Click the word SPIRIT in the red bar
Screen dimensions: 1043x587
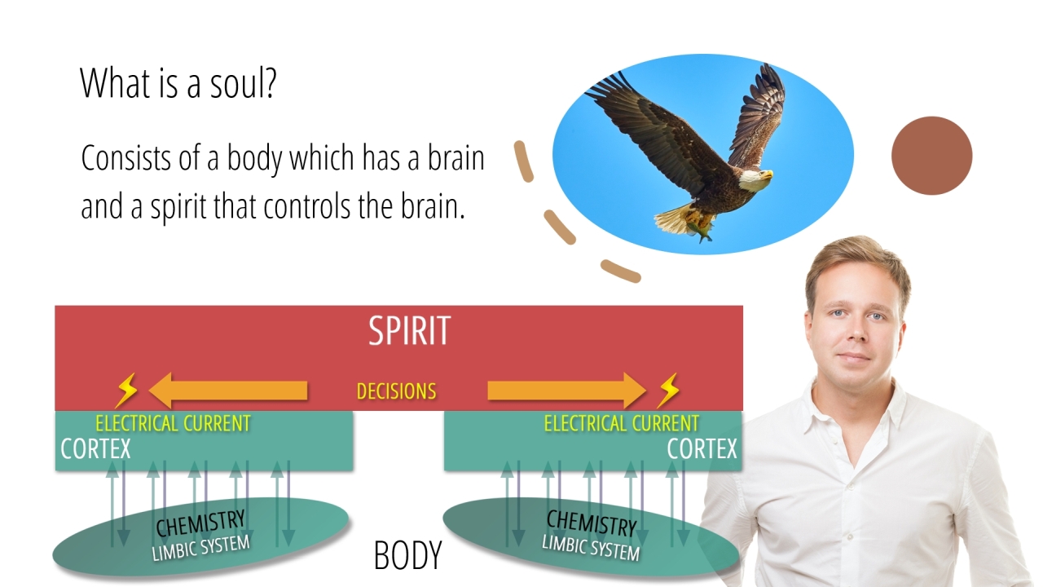[409, 330]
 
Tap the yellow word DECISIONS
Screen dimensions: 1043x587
[396, 391]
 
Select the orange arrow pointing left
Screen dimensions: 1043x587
[228, 391]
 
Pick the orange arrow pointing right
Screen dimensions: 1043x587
[567, 391]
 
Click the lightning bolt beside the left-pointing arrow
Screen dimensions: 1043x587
[126, 391]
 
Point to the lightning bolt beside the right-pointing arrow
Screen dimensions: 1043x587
[669, 391]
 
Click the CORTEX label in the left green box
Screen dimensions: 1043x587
[95, 448]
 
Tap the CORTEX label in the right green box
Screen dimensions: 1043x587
[702, 448]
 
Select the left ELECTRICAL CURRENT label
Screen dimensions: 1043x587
[174, 423]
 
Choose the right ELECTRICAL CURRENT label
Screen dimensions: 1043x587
[622, 423]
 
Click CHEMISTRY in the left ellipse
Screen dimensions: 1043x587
[200, 523]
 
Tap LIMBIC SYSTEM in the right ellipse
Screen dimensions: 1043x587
[591, 548]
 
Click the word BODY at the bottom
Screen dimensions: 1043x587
[408, 555]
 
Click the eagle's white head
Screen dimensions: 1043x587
[755, 179]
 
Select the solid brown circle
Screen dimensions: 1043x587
[931, 156]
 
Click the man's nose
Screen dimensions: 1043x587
[856, 331]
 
